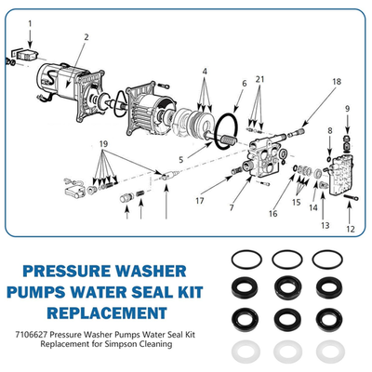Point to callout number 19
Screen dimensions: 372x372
click(x=104, y=145)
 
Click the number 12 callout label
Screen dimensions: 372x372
click(x=350, y=229)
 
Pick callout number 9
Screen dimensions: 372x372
click(x=347, y=109)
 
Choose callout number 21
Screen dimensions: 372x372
click(x=260, y=81)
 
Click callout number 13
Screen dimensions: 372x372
click(x=325, y=225)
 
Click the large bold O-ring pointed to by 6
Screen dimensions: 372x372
click(x=223, y=128)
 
